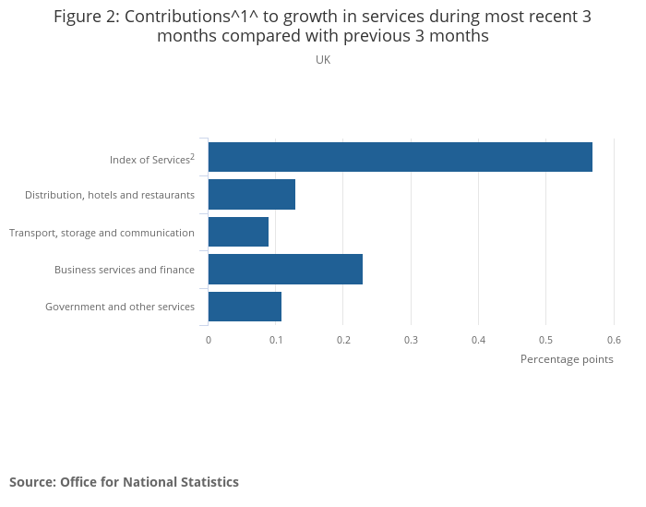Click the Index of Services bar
point(400,157)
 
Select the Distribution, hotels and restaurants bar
point(251,194)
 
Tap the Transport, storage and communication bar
point(238,231)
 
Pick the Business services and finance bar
point(285,269)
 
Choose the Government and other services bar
point(245,306)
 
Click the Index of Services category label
point(151,160)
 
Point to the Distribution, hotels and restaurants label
point(110,195)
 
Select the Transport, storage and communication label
point(102,233)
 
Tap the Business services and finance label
point(125,270)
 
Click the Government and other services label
point(120,307)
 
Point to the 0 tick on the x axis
point(209,340)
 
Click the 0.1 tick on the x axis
point(276,340)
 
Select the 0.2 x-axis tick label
point(343,340)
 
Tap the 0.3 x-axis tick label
point(411,340)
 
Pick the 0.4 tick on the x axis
point(478,340)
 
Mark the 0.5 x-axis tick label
point(545,340)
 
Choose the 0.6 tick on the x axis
point(614,340)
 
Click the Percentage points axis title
point(567,359)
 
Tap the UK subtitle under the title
point(323,60)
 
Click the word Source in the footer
point(32,482)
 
